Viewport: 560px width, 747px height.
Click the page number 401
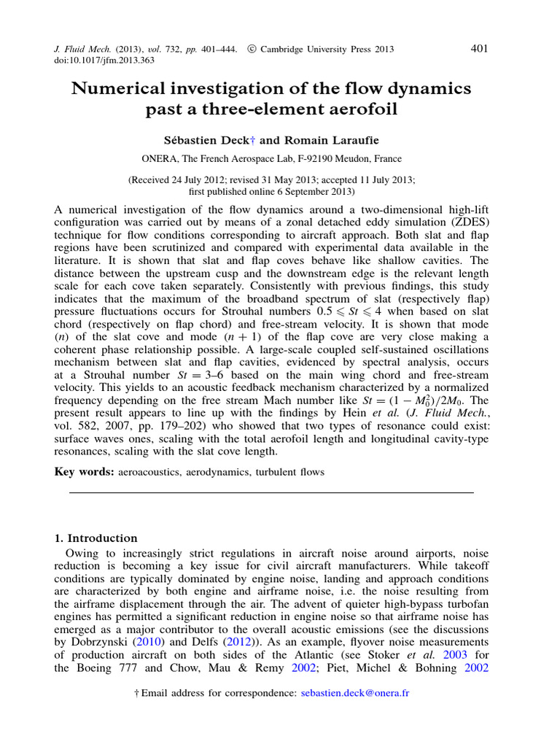pos(480,48)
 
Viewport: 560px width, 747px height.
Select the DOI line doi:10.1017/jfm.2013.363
pos(105,61)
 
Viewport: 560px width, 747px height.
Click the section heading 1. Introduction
pos(96,538)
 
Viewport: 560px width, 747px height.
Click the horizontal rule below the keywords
pos(271,493)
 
